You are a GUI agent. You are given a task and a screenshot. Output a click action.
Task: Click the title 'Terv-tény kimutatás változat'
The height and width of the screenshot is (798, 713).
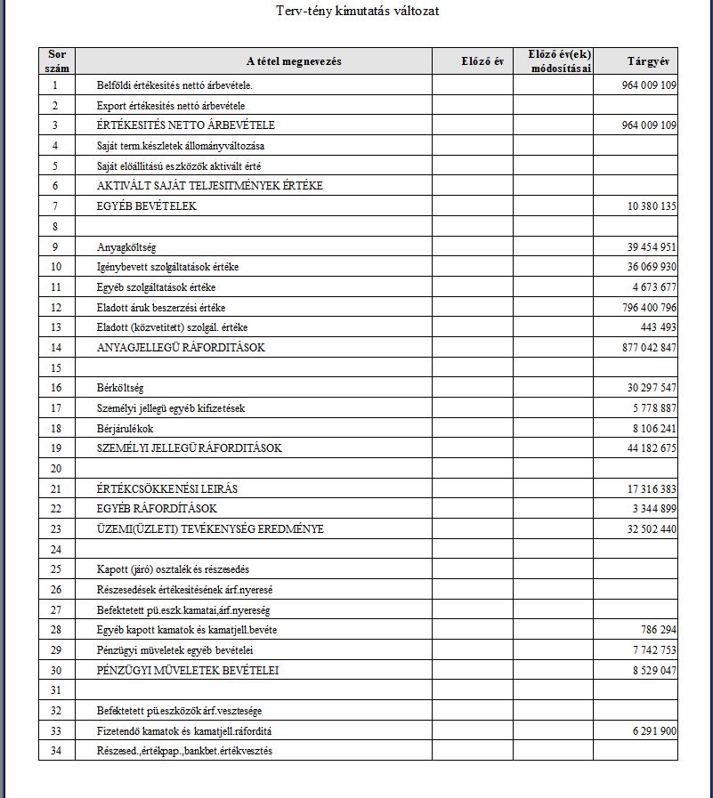click(x=357, y=11)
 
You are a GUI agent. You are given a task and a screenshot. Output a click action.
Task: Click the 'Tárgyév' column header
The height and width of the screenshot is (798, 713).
click(x=647, y=61)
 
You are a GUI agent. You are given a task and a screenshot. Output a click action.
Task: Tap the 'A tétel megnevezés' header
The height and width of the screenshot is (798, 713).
click(x=293, y=61)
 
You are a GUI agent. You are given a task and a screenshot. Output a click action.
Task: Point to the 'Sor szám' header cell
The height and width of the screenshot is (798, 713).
click(x=57, y=61)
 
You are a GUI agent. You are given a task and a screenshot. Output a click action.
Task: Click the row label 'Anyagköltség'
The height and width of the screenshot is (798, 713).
click(x=126, y=247)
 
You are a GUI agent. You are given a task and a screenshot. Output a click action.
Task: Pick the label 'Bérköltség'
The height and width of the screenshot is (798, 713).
click(x=120, y=388)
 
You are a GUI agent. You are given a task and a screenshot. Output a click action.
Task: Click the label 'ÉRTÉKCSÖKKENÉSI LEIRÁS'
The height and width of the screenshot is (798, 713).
click(x=168, y=489)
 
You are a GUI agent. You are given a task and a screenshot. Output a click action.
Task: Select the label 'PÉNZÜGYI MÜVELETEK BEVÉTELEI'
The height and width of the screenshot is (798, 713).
click(x=187, y=670)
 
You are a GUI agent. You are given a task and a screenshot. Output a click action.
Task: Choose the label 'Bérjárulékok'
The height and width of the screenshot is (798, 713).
click(x=126, y=428)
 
